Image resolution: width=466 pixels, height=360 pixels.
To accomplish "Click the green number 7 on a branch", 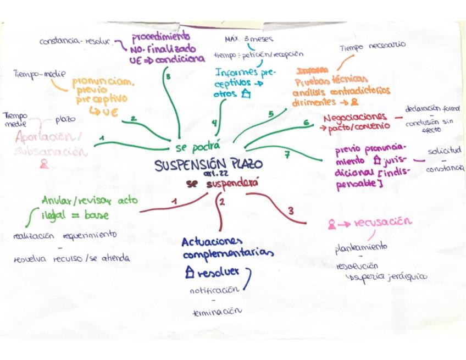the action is coord(287,155).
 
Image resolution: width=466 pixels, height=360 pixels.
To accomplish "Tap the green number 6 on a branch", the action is coord(306,123).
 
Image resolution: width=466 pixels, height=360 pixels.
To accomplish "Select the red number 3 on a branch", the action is coord(291,210).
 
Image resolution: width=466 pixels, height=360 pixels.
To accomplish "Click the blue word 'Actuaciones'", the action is coord(212,242).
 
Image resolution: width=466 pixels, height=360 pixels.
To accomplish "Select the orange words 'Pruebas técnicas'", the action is coord(325,80).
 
